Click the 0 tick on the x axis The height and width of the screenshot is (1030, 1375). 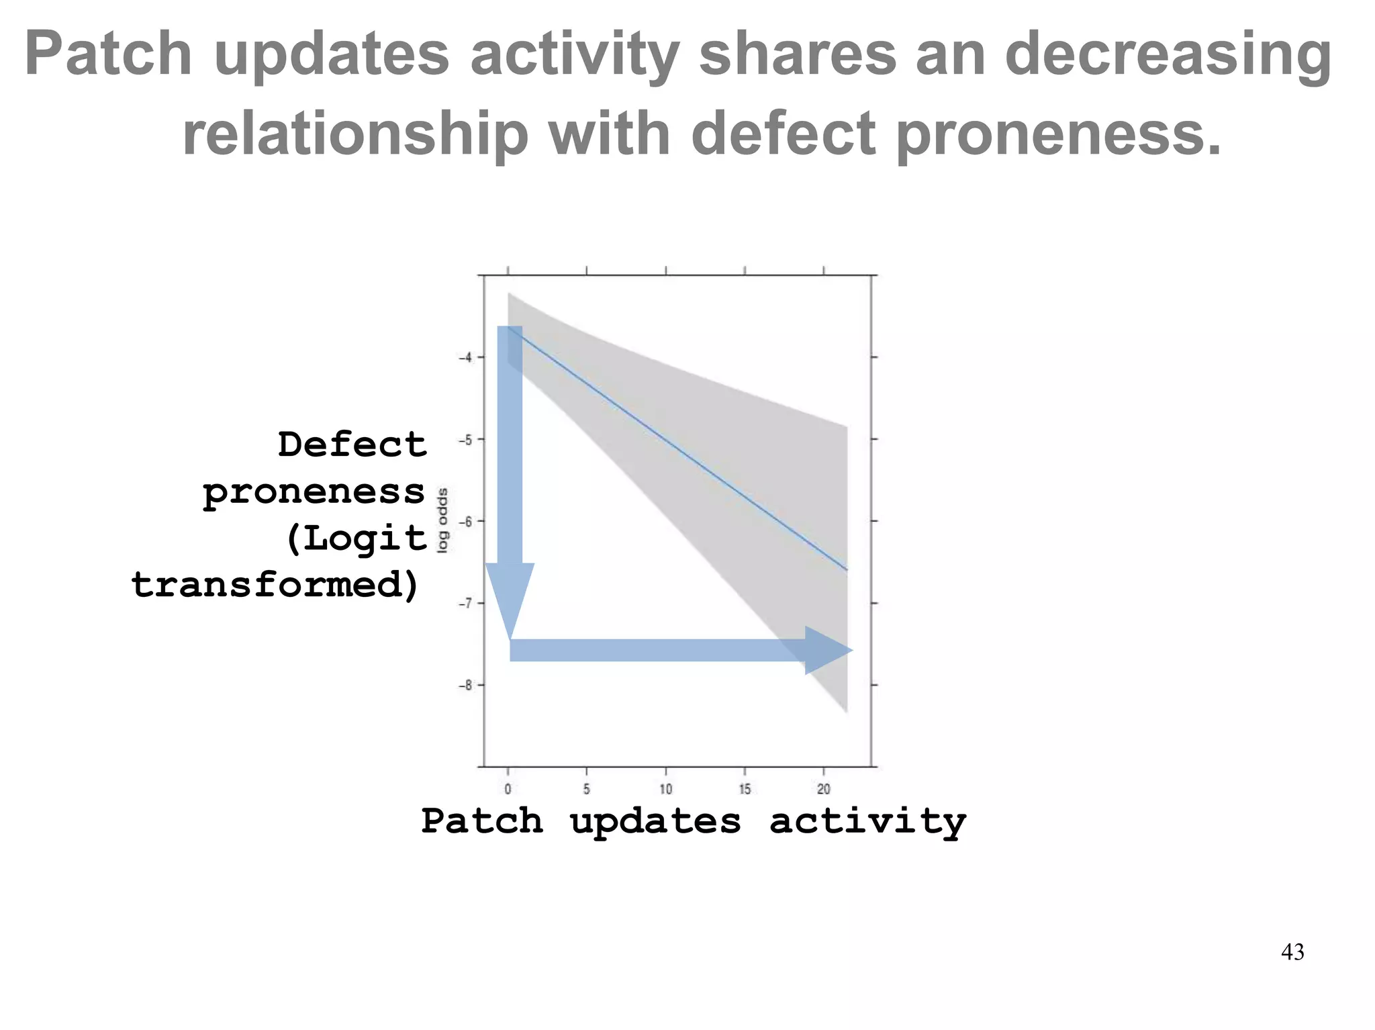pyautogui.click(x=508, y=789)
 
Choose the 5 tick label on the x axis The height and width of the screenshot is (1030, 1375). pyautogui.click(x=587, y=789)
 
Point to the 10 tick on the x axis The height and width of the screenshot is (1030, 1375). pyautogui.click(x=665, y=789)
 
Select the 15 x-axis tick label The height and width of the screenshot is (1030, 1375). pyautogui.click(x=745, y=789)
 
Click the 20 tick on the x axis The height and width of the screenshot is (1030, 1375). pyautogui.click(x=824, y=789)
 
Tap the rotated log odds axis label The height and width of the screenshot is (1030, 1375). pyautogui.click(x=442, y=520)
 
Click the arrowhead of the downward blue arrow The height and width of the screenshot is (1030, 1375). pyautogui.click(x=510, y=597)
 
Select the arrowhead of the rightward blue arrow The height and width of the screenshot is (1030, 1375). pyautogui.click(x=826, y=650)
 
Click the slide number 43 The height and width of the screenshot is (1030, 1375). pyautogui.click(x=1292, y=952)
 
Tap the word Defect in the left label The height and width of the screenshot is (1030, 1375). pyautogui.click(x=352, y=445)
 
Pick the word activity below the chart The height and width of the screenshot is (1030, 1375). pyautogui.click(x=867, y=822)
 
